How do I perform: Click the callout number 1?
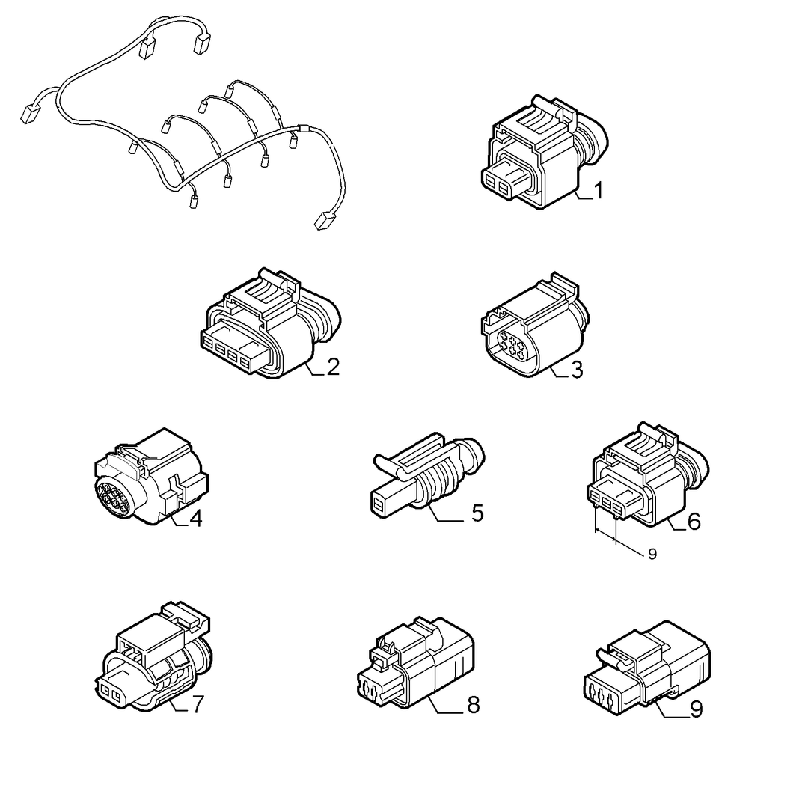point(598,190)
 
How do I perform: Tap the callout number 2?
point(333,367)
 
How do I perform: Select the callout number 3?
point(577,370)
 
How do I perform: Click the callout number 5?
point(477,513)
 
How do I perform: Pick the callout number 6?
point(694,522)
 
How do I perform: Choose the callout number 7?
point(198,704)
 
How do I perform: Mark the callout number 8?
point(474,705)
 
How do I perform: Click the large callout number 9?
point(696,709)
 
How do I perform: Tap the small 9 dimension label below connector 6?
point(652,554)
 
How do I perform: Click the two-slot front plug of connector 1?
point(496,184)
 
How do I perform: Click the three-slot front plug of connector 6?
point(607,501)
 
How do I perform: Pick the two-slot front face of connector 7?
point(110,692)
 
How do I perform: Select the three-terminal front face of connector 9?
point(601,696)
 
